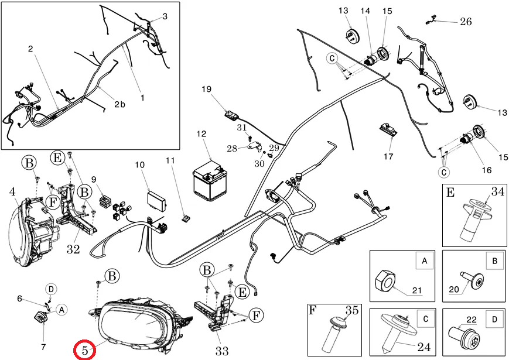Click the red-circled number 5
pos(85,350)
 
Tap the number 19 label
pos(206,90)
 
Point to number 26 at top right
pos(466,22)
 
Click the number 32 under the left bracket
pos(73,250)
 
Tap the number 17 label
pos(388,156)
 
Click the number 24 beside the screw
pos(423,346)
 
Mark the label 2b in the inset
pos(119,104)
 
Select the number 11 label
pos(170,160)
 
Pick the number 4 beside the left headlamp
pos(12,191)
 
